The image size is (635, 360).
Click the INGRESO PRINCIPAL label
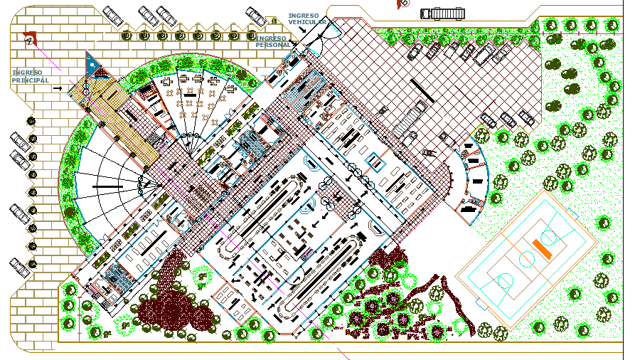tap(31, 76)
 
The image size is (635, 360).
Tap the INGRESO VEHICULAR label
tap(307, 18)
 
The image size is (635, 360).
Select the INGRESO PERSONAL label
tap(273, 41)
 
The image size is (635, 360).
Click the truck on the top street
tap(442, 14)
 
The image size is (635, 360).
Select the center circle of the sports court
tap(527, 259)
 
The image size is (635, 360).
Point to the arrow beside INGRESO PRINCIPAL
tap(58, 88)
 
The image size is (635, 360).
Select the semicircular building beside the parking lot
tap(472, 177)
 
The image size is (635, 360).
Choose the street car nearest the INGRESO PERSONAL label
tap(256, 16)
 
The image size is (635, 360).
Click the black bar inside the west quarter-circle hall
tap(105, 186)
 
